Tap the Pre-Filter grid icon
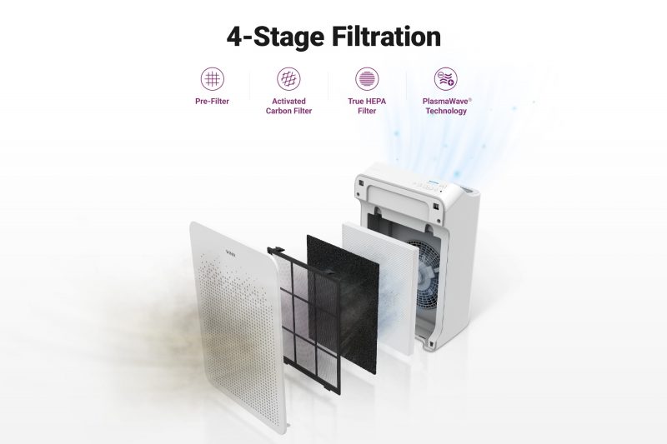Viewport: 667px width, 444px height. (212, 79)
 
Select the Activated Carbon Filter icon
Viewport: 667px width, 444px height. (288, 79)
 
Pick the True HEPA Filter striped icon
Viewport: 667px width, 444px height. (367, 79)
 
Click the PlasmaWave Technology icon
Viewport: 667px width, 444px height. (445, 79)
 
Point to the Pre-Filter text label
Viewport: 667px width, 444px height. (212, 102)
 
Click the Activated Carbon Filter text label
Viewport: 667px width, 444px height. (288, 106)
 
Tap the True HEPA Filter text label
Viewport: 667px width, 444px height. (367, 106)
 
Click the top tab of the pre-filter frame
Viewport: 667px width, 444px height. (278, 249)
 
